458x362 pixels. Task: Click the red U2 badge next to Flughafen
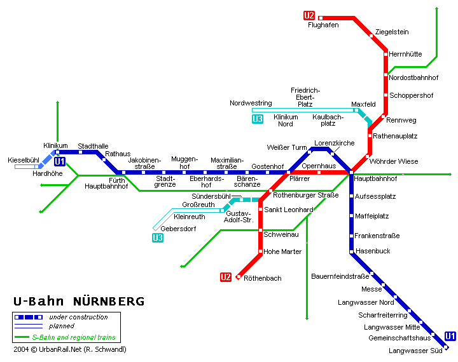tap(309, 15)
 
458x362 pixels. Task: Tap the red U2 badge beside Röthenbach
tap(225, 277)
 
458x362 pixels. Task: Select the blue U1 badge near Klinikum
tap(60, 161)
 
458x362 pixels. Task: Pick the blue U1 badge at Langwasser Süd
tap(450, 336)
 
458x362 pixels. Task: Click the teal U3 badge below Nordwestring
tap(258, 119)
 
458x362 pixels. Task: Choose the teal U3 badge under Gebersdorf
tap(158, 238)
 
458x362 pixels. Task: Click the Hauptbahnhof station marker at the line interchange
tap(351, 173)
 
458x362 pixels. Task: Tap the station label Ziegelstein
tap(392, 32)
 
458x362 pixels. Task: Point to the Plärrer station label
tap(300, 178)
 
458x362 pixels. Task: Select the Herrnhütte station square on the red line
tap(385, 54)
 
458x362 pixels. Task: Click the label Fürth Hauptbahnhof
tap(106, 183)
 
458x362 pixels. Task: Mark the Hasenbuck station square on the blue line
tap(351, 251)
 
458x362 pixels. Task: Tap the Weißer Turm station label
tap(287, 147)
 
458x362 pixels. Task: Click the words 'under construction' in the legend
tap(78, 317)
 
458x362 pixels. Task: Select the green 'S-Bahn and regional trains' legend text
tap(74, 337)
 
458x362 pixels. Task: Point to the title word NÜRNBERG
tap(109, 301)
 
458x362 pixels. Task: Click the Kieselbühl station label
tap(24, 160)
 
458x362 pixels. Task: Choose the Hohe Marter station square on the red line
tap(260, 251)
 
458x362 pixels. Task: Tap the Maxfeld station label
tap(363, 104)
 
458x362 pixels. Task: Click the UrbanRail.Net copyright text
tap(70, 349)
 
